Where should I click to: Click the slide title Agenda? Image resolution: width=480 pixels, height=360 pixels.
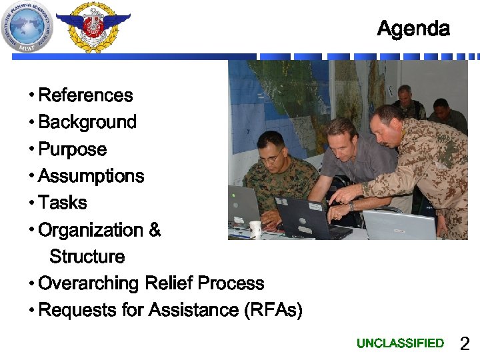click(413, 29)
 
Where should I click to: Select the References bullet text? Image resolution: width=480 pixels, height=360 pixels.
click(85, 95)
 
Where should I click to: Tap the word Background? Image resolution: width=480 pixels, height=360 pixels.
click(87, 122)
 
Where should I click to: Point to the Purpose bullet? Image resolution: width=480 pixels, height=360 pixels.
click(72, 149)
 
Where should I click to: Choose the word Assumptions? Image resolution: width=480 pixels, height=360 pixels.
click(91, 176)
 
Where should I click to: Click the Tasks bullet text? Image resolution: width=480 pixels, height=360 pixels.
click(63, 203)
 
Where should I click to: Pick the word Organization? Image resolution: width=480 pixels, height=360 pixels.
click(91, 230)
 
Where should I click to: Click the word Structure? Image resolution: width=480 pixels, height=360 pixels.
click(87, 257)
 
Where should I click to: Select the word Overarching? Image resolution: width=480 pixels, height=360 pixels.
click(89, 283)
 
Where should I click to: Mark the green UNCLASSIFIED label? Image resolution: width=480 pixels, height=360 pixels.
click(400, 343)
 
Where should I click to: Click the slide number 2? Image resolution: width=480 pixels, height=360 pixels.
click(465, 344)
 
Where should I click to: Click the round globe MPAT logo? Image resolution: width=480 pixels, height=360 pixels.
click(27, 26)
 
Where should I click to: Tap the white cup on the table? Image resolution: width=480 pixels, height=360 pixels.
click(255, 229)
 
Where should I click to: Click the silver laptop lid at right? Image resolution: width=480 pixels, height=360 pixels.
click(399, 225)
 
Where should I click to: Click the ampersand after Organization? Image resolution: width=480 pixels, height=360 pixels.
click(155, 230)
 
